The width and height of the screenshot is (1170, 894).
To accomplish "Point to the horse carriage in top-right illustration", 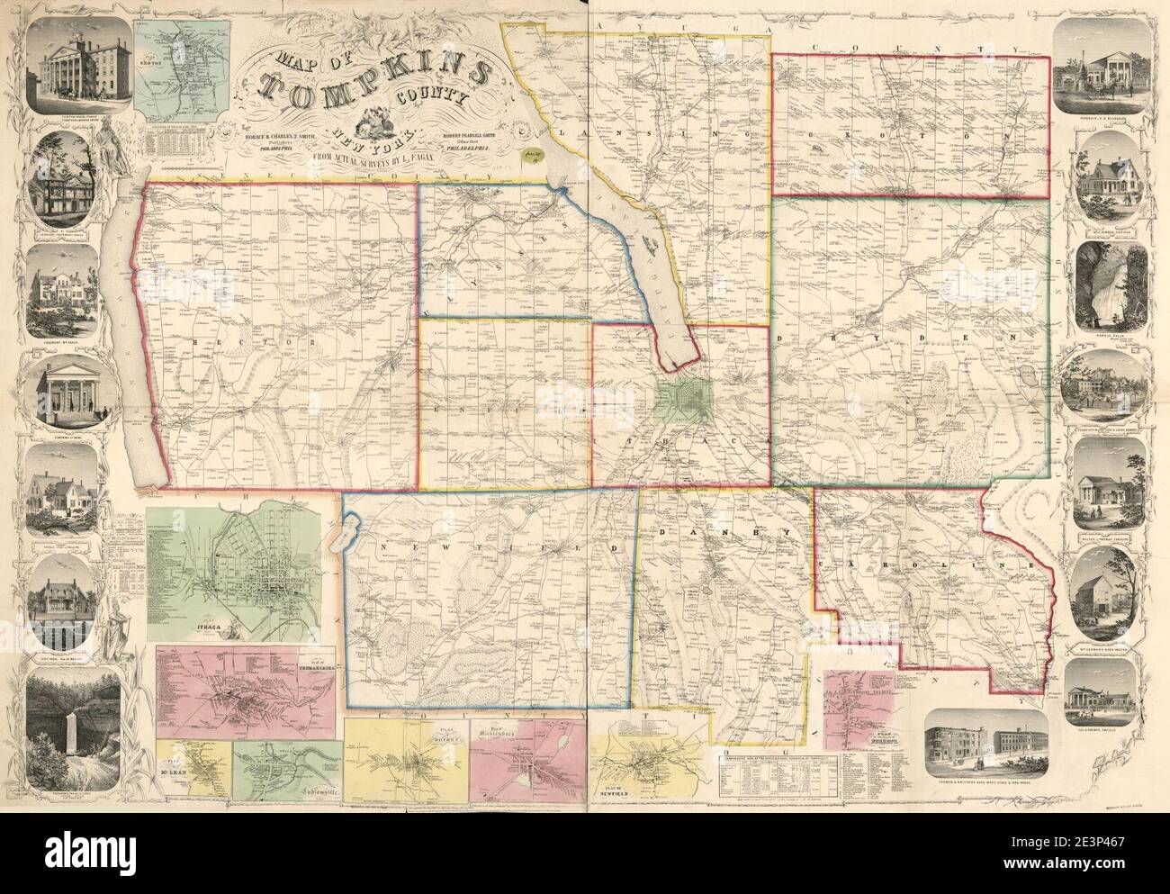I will (1117, 91).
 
